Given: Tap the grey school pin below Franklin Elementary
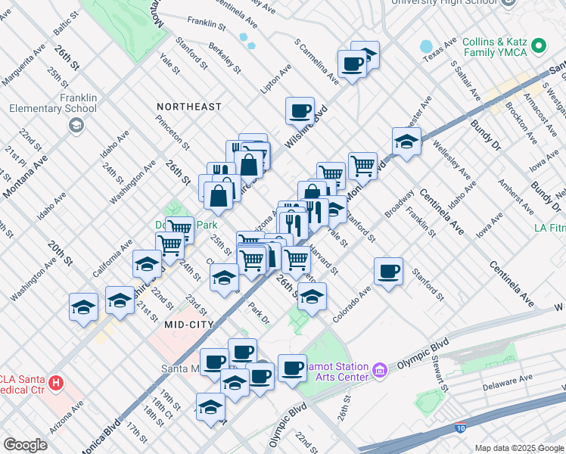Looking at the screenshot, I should click(76, 126).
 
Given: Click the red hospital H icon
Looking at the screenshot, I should click(55, 384).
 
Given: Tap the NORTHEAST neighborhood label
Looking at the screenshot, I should click(189, 107).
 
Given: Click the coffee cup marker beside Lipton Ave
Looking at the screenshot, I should click(300, 110).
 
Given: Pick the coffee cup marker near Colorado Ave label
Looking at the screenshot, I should click(389, 271).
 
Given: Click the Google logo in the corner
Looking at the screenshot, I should click(25, 445).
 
